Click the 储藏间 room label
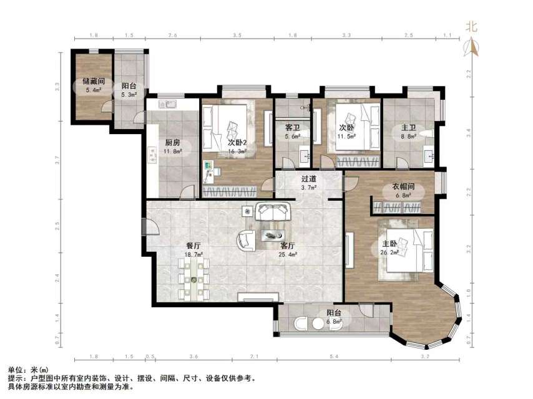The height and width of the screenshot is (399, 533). (x=92, y=81)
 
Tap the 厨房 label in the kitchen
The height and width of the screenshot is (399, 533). (x=155, y=142)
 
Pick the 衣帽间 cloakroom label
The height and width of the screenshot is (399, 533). (x=404, y=186)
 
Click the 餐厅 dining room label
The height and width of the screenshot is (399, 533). (x=193, y=246)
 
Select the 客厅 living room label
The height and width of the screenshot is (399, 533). (x=288, y=246)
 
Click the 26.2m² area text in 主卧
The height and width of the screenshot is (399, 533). (x=391, y=252)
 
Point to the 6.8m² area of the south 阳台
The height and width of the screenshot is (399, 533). (x=335, y=322)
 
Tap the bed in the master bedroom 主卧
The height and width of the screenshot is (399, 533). (x=409, y=249)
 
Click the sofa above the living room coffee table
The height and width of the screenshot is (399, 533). (x=275, y=212)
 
